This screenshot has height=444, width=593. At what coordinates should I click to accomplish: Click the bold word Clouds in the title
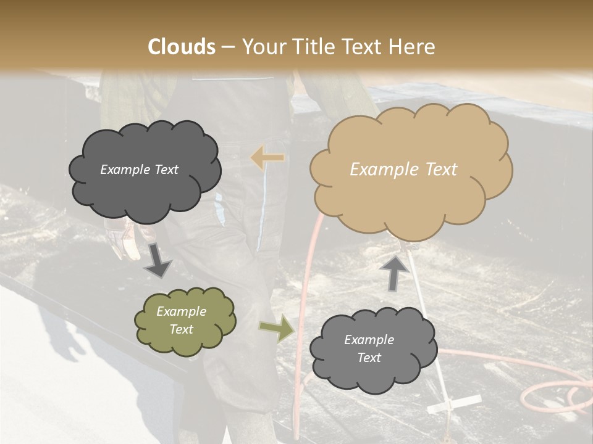(x=182, y=47)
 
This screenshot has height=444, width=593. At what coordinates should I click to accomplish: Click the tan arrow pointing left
(x=267, y=158)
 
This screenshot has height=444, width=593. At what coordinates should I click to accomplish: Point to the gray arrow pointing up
(x=393, y=272)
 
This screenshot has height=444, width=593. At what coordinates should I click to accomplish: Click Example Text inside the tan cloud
(x=403, y=170)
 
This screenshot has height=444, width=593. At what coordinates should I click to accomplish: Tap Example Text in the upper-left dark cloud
(x=139, y=170)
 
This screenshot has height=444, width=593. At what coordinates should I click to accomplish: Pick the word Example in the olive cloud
(x=181, y=311)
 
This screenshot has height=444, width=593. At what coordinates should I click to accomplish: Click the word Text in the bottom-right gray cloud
(x=369, y=358)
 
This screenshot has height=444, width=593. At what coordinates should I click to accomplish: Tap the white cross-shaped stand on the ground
(x=454, y=403)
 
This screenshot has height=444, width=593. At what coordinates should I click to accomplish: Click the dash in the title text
(x=229, y=47)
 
